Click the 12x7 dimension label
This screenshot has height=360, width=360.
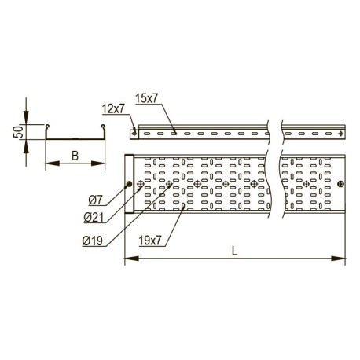click(x=113, y=108)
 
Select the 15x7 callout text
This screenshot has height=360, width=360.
click(x=147, y=98)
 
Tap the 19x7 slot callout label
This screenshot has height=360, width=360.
click(x=150, y=241)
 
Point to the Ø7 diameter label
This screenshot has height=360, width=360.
click(x=95, y=201)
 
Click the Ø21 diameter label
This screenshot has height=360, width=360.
click(x=94, y=218)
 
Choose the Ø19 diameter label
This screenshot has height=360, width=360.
click(x=92, y=241)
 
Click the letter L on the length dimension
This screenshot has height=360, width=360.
click(x=235, y=252)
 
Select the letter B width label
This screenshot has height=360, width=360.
click(x=75, y=156)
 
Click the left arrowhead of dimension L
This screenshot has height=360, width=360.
click(x=131, y=259)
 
